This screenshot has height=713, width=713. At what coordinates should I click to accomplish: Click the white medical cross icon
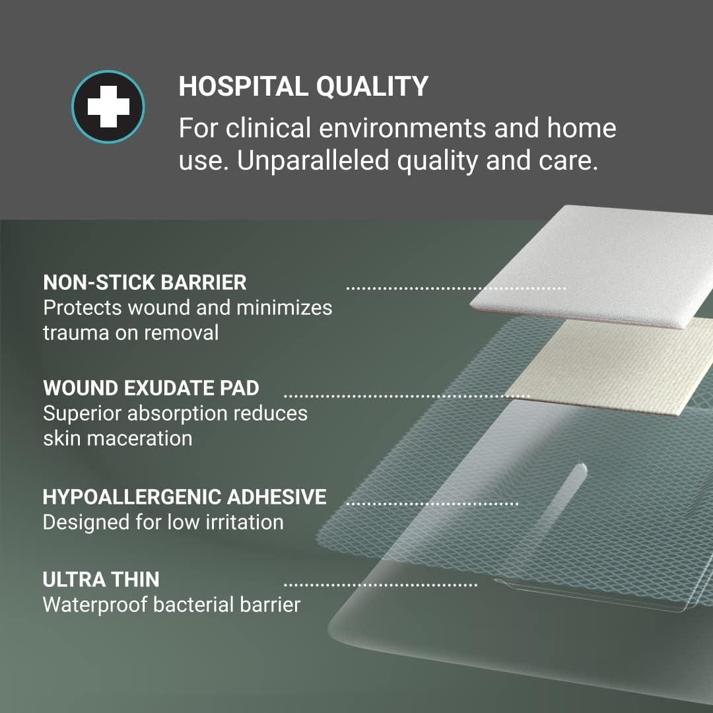[x=108, y=106]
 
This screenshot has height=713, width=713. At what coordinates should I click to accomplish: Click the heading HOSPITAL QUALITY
[x=303, y=86]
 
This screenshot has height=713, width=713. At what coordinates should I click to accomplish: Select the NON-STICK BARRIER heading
[x=145, y=283]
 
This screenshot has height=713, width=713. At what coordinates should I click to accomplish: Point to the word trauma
[x=75, y=332]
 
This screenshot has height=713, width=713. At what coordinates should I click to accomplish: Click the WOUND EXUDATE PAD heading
[x=151, y=388]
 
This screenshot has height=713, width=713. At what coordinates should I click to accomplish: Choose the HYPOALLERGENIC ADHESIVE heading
[x=184, y=496]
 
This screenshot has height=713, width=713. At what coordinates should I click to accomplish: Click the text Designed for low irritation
[x=162, y=522]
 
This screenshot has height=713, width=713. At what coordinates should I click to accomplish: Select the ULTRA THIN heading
[x=101, y=580]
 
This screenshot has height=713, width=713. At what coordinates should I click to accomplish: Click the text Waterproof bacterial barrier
[x=171, y=605]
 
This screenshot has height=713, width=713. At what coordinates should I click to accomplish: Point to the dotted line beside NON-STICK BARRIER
[x=456, y=289]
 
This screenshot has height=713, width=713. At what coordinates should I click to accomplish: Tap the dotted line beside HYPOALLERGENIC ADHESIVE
[x=432, y=504]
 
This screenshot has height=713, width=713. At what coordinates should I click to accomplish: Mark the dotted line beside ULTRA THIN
[x=380, y=585]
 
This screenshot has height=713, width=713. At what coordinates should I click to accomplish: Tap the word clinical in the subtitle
[x=269, y=128]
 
